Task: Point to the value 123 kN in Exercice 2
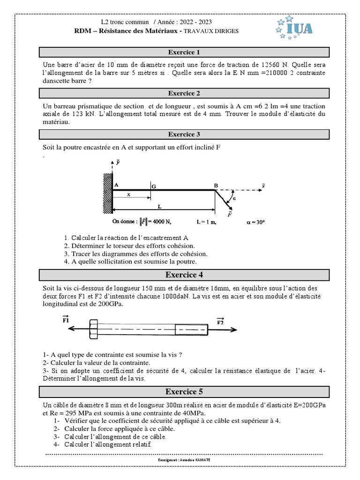(x=74, y=114)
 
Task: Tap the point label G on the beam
(x=153, y=187)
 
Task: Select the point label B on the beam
(x=216, y=186)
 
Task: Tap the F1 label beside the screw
(x=66, y=320)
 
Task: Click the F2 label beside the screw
(x=220, y=321)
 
